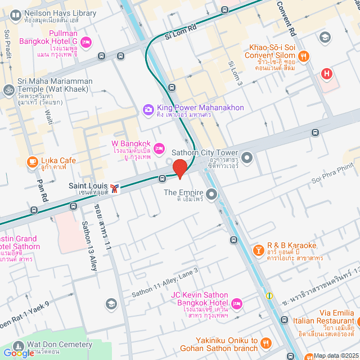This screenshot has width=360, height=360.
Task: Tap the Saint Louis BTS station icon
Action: (115, 188)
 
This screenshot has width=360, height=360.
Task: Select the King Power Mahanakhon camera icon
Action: (148, 109)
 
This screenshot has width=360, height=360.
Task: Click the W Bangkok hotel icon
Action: (159, 148)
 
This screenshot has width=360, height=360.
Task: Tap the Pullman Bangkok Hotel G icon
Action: (86, 42)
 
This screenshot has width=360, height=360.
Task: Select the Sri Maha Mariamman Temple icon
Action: (8, 89)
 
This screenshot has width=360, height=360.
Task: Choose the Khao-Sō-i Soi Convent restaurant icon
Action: (304, 55)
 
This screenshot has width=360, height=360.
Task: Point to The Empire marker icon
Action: (211, 195)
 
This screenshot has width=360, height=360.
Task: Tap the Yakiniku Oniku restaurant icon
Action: (267, 342)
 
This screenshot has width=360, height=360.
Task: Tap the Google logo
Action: (19, 353)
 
